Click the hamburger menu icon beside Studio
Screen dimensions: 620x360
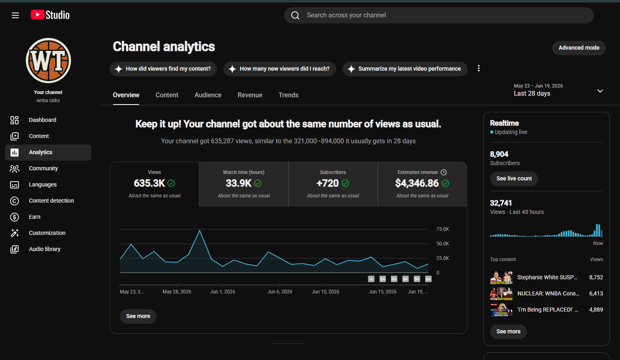[x=15, y=15]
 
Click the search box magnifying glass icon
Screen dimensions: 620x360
[x=295, y=15]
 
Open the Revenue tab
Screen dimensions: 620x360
[x=250, y=95]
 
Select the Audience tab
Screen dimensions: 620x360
[x=208, y=95]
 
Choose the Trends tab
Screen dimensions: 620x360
[x=288, y=95]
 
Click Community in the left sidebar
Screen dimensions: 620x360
[x=44, y=168]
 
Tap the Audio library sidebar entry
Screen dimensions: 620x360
[x=44, y=249]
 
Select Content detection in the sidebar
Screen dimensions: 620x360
[x=51, y=201]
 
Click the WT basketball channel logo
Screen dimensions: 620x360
[x=48, y=61]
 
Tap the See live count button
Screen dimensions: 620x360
[x=514, y=179]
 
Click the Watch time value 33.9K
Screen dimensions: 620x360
[x=238, y=183]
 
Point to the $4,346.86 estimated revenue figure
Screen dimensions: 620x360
[x=417, y=183]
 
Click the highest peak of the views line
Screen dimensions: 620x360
[x=200, y=230]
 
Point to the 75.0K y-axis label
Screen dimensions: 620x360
[x=443, y=229]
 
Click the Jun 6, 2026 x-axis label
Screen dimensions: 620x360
[x=280, y=292]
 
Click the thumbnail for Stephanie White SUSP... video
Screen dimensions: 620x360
[x=501, y=278]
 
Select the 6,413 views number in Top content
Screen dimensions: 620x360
[x=596, y=293]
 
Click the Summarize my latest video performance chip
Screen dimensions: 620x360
[x=405, y=69]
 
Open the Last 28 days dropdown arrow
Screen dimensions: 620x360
[x=600, y=91]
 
